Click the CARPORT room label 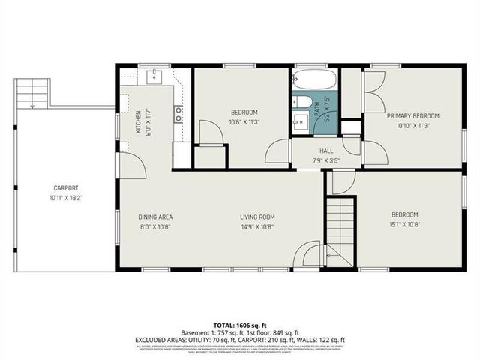(x=66, y=188)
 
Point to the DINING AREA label (x=156, y=217)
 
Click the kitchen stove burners (x=179, y=114)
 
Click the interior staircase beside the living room (x=340, y=228)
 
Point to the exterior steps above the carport (x=34, y=91)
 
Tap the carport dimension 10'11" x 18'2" (x=66, y=198)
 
